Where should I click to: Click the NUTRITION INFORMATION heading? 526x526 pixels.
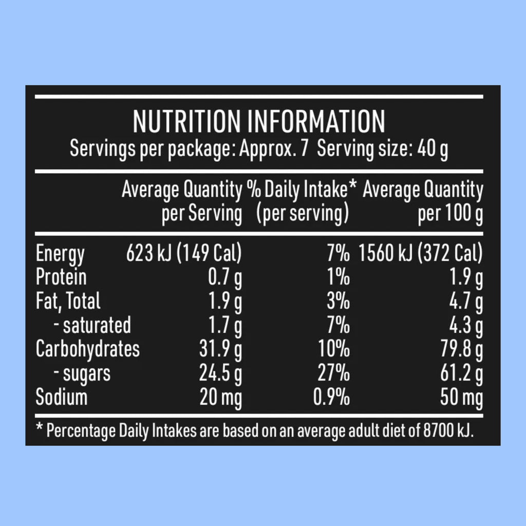[259, 121]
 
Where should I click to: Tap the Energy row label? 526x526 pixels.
[60, 254]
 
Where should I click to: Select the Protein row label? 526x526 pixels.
[61, 277]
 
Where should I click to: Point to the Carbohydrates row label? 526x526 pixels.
[87, 349]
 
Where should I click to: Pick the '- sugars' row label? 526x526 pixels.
[83, 373]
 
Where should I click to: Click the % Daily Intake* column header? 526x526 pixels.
[302, 191]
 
